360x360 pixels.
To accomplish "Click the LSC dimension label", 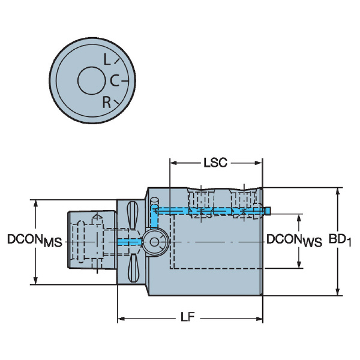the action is (215, 163).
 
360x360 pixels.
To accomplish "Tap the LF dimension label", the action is (188, 317).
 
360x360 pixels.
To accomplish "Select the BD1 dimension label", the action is (340, 240).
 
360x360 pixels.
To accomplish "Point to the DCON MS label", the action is (35, 240).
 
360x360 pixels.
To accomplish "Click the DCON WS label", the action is (294, 240).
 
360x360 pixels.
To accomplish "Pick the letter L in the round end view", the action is (107, 59).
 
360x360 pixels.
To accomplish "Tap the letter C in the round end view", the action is (115, 80).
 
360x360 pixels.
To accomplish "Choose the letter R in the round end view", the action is (107, 103).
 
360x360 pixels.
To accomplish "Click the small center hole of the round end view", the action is (91, 80).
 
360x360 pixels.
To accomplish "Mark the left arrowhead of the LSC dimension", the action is (173, 163).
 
